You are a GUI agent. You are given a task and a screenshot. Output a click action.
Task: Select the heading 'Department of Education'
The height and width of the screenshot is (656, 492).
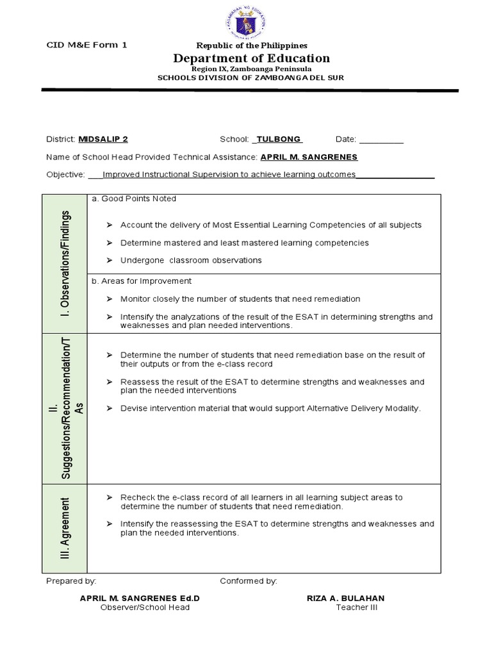[x=251, y=59]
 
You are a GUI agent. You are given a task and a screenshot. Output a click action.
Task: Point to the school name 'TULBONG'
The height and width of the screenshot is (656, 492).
[x=278, y=139]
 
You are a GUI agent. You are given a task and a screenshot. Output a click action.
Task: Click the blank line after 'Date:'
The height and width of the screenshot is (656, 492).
[x=381, y=140]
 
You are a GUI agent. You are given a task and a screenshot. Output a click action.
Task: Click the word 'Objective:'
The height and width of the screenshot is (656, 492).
[x=65, y=174]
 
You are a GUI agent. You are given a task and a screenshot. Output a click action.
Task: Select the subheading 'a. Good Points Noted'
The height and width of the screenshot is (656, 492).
[x=134, y=199]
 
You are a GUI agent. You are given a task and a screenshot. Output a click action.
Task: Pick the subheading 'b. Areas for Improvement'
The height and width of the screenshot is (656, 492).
[x=142, y=281]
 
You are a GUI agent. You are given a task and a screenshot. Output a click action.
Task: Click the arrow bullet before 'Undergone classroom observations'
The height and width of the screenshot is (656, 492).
[x=109, y=261]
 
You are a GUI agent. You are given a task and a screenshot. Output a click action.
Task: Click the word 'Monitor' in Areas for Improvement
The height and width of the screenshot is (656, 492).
[x=135, y=299]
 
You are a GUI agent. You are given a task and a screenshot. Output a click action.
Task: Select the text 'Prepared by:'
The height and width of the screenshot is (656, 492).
[x=72, y=581]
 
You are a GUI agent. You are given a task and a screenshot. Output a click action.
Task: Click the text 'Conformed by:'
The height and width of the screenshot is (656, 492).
[x=249, y=581]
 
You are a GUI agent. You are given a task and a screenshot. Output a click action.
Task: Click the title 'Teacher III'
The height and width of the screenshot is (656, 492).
[x=357, y=607]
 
